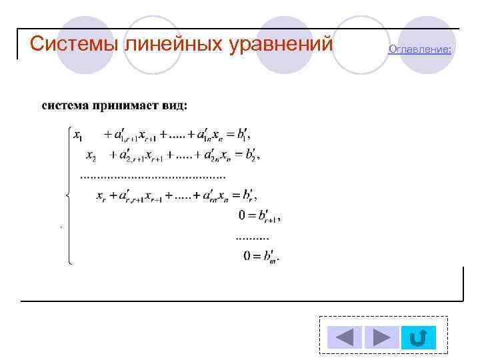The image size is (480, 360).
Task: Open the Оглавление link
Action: point(420,49)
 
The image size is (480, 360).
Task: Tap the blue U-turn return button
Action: point(418,337)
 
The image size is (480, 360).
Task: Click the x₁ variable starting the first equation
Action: point(79,135)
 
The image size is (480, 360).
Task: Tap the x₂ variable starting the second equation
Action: point(91,155)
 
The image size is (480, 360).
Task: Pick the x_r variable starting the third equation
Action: point(101,196)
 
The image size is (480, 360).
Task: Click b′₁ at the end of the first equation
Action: point(241,135)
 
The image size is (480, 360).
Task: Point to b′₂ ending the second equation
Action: point(251,155)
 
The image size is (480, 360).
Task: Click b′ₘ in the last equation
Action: point(271,255)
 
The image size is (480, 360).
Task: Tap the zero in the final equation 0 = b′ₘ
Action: point(247,255)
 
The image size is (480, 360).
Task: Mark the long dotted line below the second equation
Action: point(153,176)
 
